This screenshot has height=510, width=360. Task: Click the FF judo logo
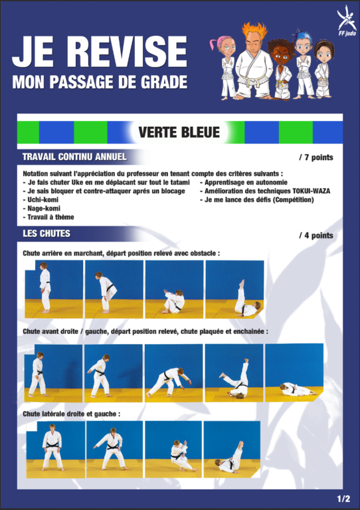click(x=346, y=21)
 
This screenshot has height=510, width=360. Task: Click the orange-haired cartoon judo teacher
click(x=254, y=61)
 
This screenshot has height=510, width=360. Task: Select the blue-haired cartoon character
click(x=304, y=64)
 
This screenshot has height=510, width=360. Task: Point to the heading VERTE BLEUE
click(x=179, y=132)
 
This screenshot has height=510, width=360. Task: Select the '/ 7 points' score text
click(x=315, y=157)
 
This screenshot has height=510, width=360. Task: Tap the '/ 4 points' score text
click(x=315, y=236)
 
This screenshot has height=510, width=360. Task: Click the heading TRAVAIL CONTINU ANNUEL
click(x=74, y=157)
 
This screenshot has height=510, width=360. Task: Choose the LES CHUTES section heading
click(x=46, y=234)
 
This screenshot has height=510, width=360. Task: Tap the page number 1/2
click(x=343, y=499)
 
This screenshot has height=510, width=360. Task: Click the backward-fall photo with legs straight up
click(x=234, y=290)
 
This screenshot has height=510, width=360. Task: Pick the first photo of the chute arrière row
click(x=54, y=290)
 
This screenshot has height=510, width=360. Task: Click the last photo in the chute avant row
click(x=294, y=373)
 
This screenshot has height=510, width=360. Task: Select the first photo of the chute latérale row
click(x=56, y=450)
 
